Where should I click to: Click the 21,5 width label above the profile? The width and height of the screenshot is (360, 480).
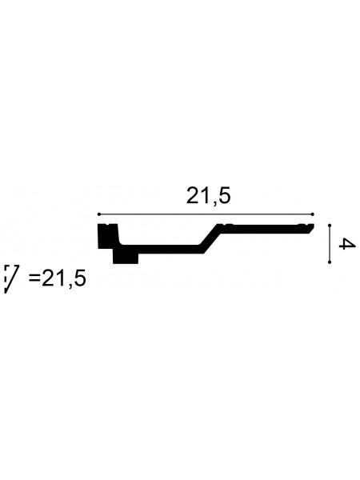click(x=208, y=196)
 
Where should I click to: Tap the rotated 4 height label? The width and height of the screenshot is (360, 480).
click(x=347, y=244)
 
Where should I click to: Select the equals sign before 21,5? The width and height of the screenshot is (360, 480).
click(x=34, y=278)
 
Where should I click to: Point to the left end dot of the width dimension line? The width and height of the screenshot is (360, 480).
click(x=99, y=214)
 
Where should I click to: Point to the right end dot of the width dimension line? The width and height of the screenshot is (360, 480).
click(x=313, y=214)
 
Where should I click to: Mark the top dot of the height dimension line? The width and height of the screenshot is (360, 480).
click(x=330, y=226)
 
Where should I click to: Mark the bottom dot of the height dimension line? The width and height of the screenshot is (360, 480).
click(x=330, y=262)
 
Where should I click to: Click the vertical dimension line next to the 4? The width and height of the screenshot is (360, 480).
click(x=330, y=244)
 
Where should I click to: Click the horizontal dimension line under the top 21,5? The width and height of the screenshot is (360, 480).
click(x=206, y=214)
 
